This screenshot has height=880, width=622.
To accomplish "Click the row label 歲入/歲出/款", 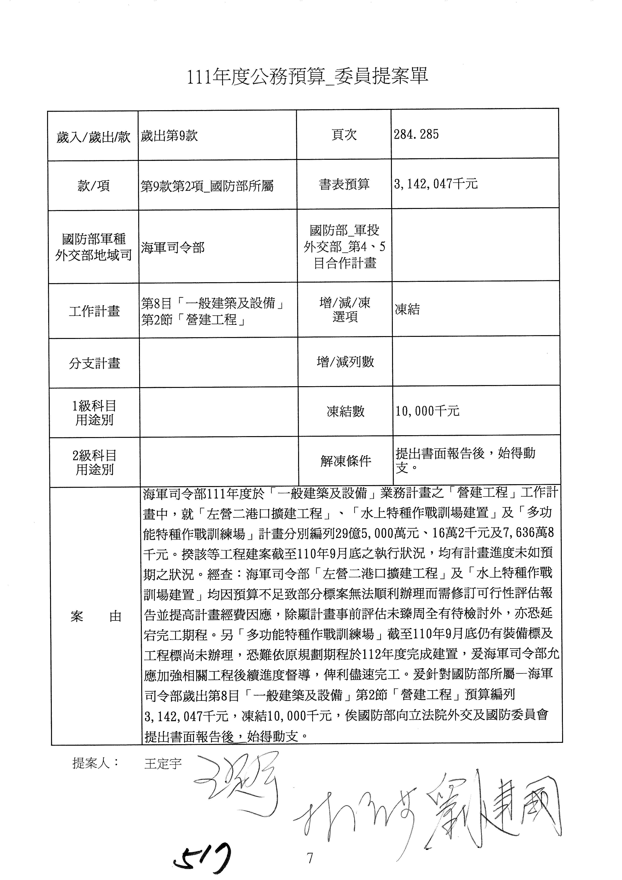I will click(x=93, y=137).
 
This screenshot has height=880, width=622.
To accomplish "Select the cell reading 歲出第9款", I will click(x=169, y=136).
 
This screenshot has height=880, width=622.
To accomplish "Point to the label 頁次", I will click(x=344, y=135).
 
